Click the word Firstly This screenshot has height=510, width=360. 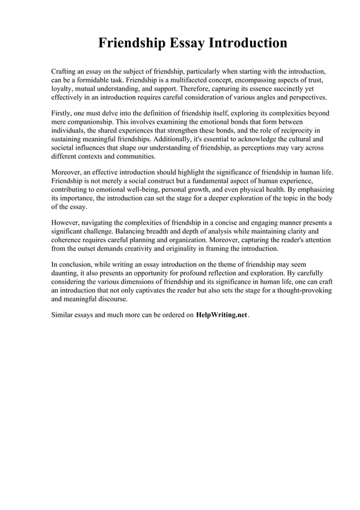tap(63, 114)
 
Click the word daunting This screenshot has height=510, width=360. tap(67, 272)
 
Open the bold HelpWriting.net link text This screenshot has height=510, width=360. tap(222, 315)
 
